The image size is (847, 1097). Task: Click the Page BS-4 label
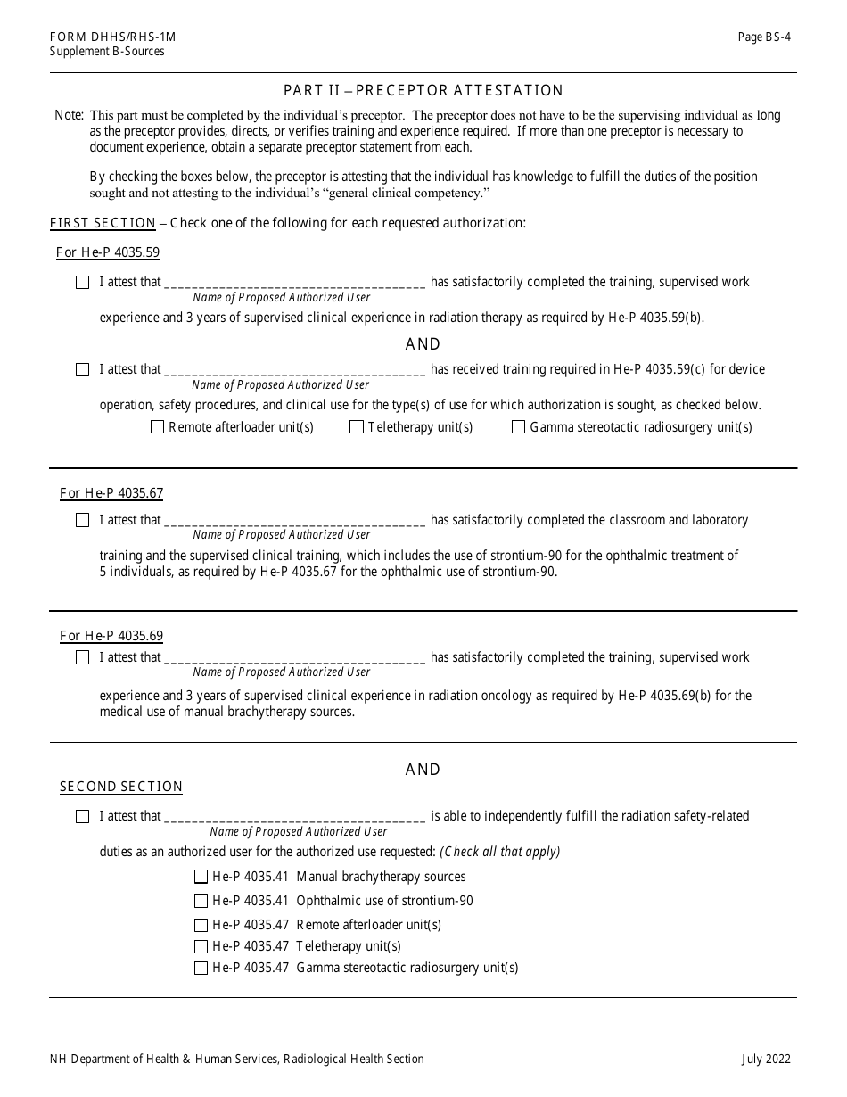(x=763, y=37)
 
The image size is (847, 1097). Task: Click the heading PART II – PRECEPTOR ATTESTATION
(x=423, y=90)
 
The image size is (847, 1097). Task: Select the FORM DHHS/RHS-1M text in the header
(x=112, y=37)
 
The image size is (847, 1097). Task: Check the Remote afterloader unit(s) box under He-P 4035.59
(x=158, y=427)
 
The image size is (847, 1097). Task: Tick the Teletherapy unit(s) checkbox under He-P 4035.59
(x=357, y=427)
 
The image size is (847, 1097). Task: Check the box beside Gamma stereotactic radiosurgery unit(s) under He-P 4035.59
(x=518, y=427)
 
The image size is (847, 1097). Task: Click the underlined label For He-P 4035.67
(x=111, y=493)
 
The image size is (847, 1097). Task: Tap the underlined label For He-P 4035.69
(x=111, y=636)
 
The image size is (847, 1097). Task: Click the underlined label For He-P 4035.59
(x=108, y=252)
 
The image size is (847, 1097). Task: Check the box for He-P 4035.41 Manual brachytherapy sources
(x=201, y=877)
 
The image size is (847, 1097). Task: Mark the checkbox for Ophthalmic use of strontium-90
(x=201, y=901)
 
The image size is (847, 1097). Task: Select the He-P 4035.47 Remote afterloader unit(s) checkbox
(x=201, y=925)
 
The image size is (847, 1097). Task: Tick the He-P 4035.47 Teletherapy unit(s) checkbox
(x=201, y=946)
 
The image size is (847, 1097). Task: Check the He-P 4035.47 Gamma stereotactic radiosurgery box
(x=201, y=968)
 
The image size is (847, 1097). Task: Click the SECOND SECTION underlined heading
(x=120, y=787)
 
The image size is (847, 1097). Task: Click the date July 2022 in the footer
(x=765, y=1060)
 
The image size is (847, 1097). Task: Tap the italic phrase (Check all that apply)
(x=499, y=852)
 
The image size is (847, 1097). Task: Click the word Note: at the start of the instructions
(x=69, y=115)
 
